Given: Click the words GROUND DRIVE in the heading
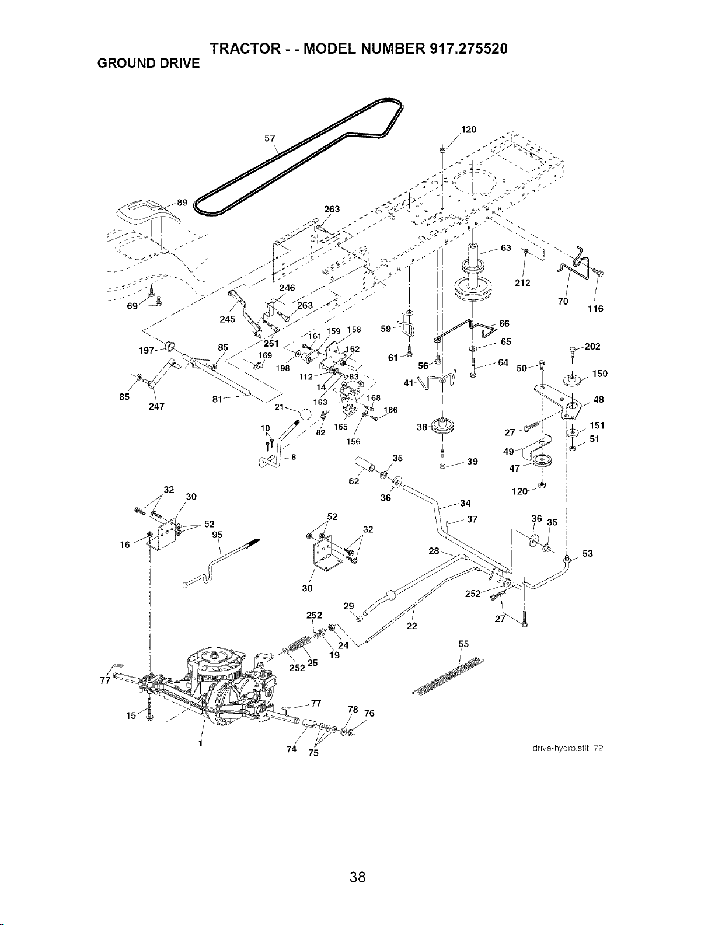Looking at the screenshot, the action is click(148, 64).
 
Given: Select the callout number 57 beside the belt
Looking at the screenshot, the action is click(270, 138).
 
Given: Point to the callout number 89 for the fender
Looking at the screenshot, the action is click(182, 203).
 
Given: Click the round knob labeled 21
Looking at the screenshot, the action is click(305, 414).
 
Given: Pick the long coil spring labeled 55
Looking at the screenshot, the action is click(448, 677).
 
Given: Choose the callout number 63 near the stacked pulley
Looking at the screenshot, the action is click(505, 248).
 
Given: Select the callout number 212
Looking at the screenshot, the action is click(522, 282).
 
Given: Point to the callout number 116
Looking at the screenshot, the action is click(595, 309).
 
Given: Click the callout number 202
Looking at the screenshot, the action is click(592, 347).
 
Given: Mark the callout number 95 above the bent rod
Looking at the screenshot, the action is click(217, 535).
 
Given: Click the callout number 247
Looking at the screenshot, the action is click(156, 406).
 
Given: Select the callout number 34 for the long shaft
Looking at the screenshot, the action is click(466, 503).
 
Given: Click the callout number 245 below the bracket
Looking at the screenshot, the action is click(227, 319).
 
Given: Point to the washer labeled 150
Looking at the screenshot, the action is click(573, 379).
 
